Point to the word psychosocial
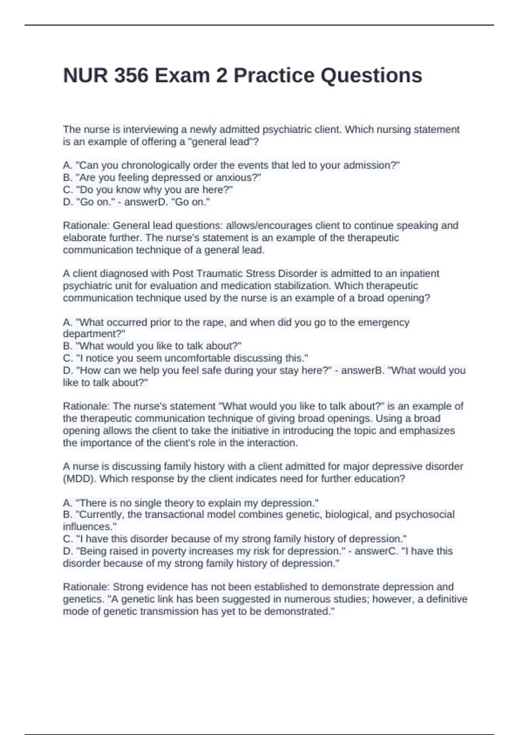[x=425, y=514]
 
